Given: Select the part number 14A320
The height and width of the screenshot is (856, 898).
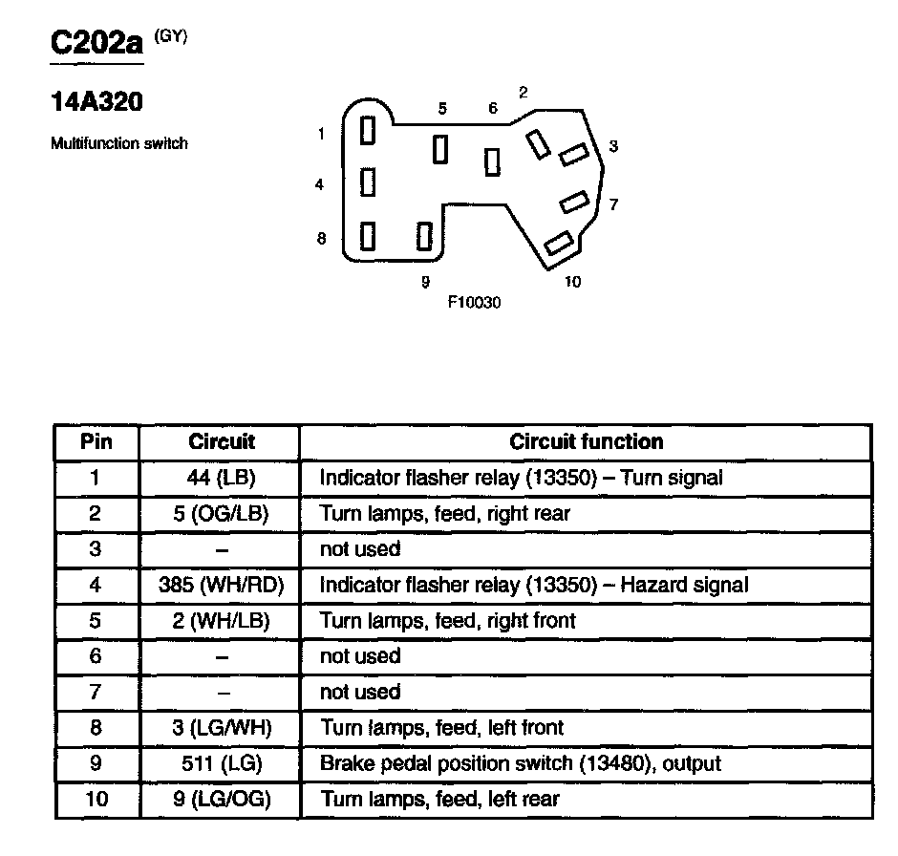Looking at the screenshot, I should [x=96, y=102].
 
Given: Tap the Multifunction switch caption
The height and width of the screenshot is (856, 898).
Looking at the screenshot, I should [x=118, y=144].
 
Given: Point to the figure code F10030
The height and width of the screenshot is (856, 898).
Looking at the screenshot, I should [x=474, y=302].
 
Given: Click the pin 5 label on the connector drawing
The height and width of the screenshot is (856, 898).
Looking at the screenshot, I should [x=442, y=109].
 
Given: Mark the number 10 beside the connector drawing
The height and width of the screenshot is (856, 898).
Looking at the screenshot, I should [x=572, y=282].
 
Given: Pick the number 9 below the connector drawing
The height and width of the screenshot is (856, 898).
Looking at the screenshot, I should [x=425, y=282].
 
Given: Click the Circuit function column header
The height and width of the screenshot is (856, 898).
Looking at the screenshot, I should [x=586, y=441].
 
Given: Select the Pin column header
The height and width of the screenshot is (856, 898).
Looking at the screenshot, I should [x=96, y=441].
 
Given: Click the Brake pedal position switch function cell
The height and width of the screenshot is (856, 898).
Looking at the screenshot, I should [x=520, y=763].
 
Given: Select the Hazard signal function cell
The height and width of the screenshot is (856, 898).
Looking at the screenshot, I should [x=533, y=585].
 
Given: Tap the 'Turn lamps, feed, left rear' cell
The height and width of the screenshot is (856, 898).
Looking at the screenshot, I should [x=439, y=799].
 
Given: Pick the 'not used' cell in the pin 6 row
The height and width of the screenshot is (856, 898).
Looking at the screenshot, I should [x=360, y=656].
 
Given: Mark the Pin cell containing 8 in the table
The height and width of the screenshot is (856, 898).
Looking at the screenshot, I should [x=96, y=728].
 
